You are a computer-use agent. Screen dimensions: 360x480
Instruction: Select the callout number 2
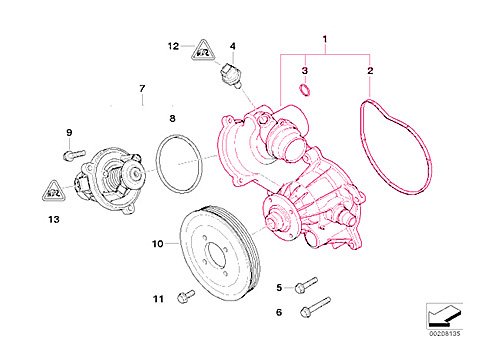369,72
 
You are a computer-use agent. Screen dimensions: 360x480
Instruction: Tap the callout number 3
305,72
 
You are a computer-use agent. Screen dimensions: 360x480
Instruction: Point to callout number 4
232,46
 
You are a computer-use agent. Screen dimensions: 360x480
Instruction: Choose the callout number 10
157,243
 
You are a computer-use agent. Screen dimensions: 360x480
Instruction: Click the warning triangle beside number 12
202,48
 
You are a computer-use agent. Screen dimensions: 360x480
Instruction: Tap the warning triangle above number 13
51,187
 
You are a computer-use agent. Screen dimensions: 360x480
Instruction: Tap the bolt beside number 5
306,286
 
